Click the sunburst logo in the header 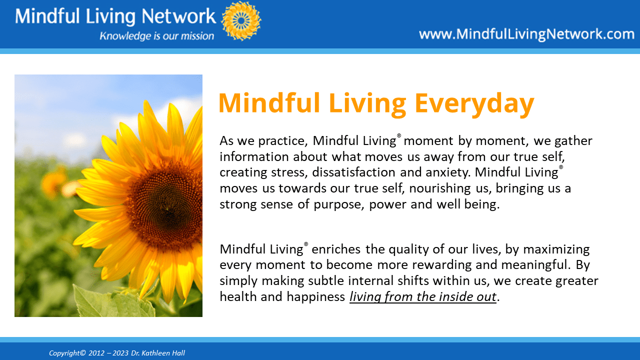coord(241,21)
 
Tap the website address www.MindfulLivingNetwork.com coord(526,34)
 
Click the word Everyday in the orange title coord(474,103)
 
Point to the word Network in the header coord(178,16)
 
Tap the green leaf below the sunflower coord(114,303)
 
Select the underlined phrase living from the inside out coord(423,297)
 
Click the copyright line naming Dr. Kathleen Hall coord(117,353)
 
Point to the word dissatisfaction coord(353,172)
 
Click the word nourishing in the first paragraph coord(440,188)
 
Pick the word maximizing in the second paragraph coord(556,249)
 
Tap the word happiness coord(316,297)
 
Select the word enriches coord(336,249)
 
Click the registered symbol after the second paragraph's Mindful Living coord(306,244)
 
